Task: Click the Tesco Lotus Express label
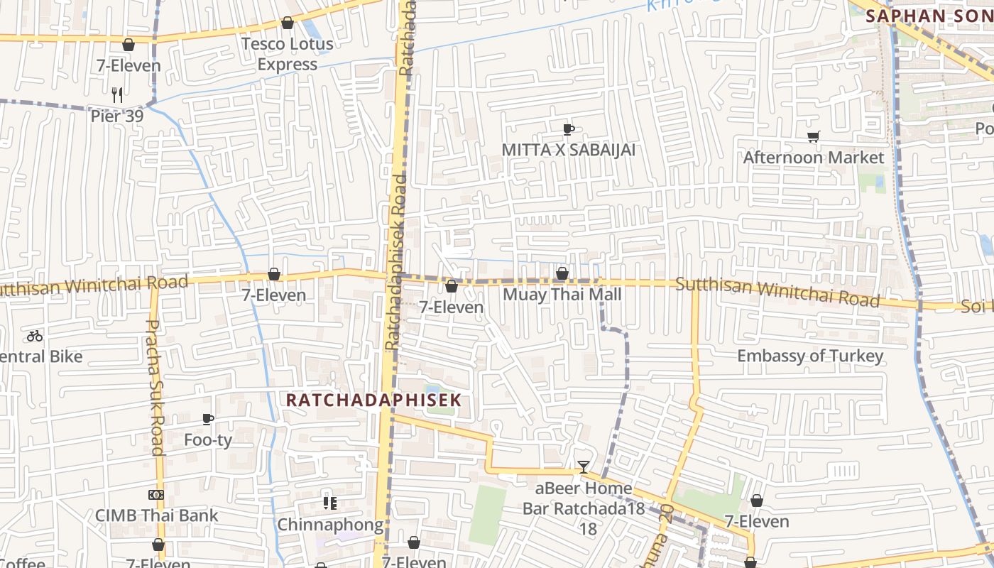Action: (x=287, y=54)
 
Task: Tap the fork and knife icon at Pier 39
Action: (x=117, y=94)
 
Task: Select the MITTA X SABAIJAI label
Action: (x=568, y=150)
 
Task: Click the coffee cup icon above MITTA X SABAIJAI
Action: (x=568, y=129)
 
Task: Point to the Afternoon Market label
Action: (x=813, y=157)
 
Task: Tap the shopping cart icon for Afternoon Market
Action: (x=813, y=136)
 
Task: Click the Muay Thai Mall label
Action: (x=562, y=294)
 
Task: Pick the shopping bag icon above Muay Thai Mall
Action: (x=562, y=273)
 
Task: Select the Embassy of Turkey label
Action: (x=810, y=356)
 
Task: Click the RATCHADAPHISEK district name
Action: (x=373, y=400)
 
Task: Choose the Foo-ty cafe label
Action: (x=208, y=440)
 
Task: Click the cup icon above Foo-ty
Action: (x=208, y=420)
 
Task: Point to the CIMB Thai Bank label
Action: (x=157, y=515)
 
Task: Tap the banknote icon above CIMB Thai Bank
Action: (x=157, y=495)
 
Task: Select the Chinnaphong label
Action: (x=329, y=525)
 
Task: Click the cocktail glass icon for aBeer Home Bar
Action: (x=584, y=467)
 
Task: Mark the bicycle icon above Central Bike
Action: (x=35, y=336)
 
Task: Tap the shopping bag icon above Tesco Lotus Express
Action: (x=288, y=23)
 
